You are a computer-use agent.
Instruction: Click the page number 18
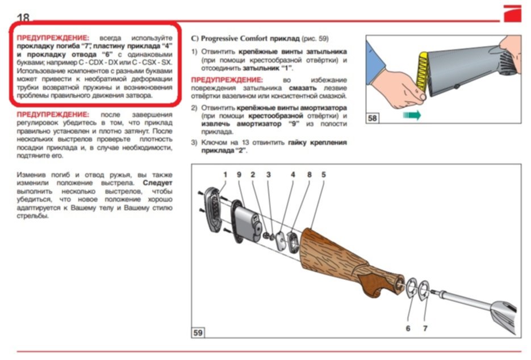[23, 17]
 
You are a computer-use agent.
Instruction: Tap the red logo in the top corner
[512, 14]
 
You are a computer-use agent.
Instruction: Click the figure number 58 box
[372, 118]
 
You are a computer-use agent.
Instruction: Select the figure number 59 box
[198, 333]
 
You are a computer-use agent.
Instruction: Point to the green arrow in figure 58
[412, 115]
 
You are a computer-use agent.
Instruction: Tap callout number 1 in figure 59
[225, 174]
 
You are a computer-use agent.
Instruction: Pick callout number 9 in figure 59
[239, 174]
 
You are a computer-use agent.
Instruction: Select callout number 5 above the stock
[323, 174]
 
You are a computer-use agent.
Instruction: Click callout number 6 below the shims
[408, 328]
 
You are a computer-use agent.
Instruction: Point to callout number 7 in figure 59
[425, 328]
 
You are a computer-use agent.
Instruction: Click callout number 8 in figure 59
[309, 174]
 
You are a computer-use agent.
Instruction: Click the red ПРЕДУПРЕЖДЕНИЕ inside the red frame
[53, 37]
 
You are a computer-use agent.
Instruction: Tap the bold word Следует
[157, 183]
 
